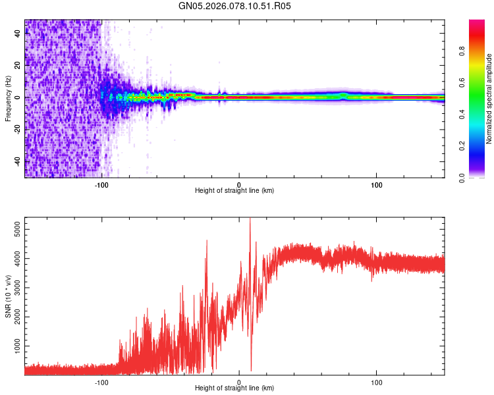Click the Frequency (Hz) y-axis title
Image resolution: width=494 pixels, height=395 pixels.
7,99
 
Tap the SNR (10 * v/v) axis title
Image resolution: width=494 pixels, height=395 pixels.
7,296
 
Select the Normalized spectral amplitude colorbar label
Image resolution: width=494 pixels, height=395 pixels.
489,99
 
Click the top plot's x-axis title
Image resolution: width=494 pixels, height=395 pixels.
234,190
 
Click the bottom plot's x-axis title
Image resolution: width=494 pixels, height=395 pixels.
234,388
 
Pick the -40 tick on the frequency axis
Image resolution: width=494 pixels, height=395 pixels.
16,161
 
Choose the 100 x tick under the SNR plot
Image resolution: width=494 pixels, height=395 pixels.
377,381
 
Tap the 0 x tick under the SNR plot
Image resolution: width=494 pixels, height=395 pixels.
239,381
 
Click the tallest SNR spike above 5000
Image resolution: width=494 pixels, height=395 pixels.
250,219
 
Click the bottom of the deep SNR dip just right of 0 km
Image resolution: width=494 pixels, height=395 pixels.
251,370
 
